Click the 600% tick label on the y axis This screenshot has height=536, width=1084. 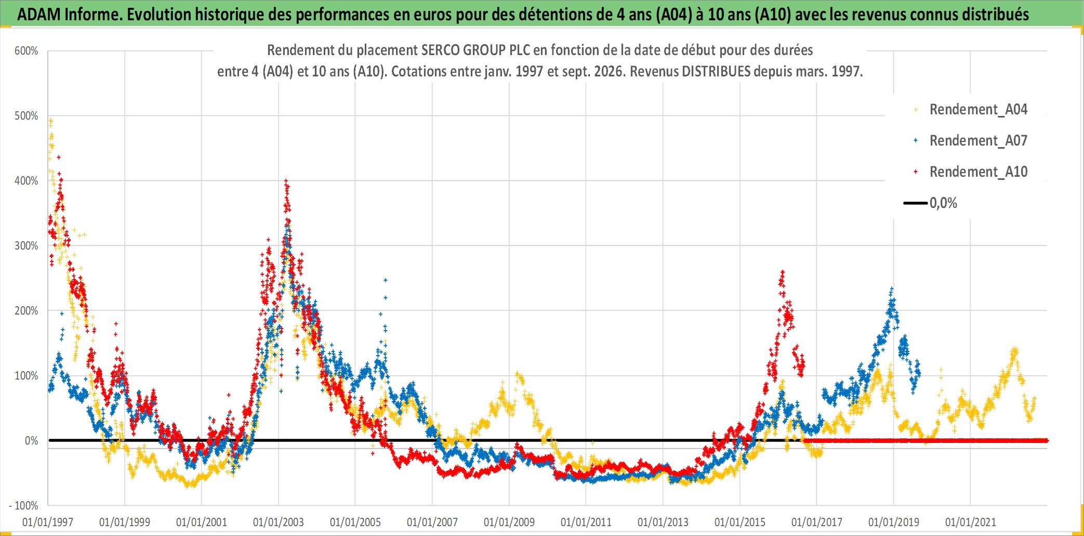[27, 51]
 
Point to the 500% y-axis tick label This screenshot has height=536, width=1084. [27, 116]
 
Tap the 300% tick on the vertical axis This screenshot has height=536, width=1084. [27, 246]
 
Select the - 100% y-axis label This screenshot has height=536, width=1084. [24, 505]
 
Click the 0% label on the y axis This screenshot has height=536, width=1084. [32, 441]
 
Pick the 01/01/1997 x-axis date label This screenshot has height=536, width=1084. [48, 522]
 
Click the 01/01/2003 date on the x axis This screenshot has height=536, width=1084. [279, 522]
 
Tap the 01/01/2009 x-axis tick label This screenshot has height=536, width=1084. [509, 522]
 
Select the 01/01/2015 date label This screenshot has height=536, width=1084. [740, 522]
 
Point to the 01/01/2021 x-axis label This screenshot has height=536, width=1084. [971, 522]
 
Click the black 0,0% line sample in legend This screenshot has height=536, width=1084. [916, 203]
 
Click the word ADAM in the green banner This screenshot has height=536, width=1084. [39, 15]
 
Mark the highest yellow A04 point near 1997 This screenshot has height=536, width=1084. [50, 120]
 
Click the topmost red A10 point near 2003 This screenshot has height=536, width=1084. [286, 181]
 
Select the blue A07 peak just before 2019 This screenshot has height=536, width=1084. [892, 289]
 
